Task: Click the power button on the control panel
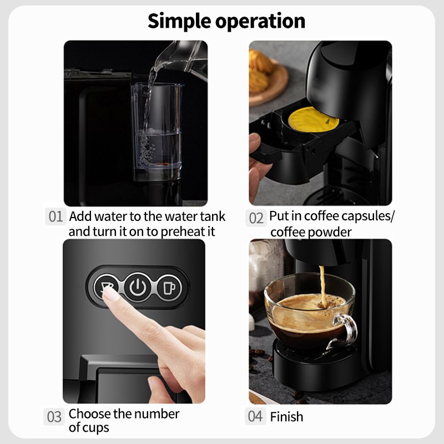pyautogui.click(x=138, y=287)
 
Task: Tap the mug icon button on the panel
pyautogui.click(x=170, y=287)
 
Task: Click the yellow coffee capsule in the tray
pyautogui.click(x=313, y=119)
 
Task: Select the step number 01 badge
pyautogui.click(x=56, y=216)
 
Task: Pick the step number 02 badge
pyautogui.click(x=256, y=218)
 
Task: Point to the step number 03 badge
pyautogui.click(x=54, y=417)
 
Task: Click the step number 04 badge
pyautogui.click(x=255, y=416)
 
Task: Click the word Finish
pyautogui.click(x=286, y=417)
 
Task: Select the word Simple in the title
pyautogui.click(x=179, y=21)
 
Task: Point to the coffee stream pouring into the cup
pyautogui.click(x=322, y=285)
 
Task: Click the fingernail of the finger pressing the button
pyautogui.click(x=112, y=295)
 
